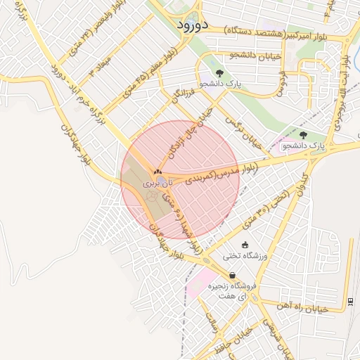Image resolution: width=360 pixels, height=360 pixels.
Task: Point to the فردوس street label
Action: tap(281, 81)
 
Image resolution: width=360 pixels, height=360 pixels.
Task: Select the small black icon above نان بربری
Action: tap(157, 171)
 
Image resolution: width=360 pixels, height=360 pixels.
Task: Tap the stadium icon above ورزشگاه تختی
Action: tap(244, 245)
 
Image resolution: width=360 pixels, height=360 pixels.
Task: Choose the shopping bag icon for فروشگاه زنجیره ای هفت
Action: tap(232, 275)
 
